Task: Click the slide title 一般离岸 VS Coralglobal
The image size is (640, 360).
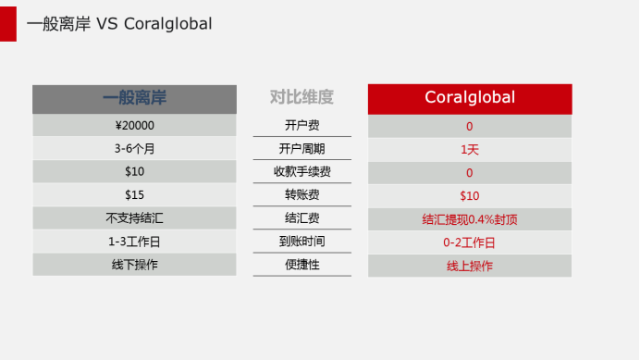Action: point(119,24)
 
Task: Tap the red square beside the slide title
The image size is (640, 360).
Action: point(8,23)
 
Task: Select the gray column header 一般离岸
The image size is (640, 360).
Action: point(134,98)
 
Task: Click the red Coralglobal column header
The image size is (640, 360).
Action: point(470,98)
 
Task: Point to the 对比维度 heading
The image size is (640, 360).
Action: point(302,97)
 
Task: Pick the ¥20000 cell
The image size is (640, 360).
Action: point(134,126)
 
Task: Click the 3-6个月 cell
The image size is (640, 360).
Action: point(134,149)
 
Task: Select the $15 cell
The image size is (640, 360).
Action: point(134,195)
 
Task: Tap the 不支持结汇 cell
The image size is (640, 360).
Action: point(134,218)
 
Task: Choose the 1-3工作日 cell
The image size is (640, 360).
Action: point(134,242)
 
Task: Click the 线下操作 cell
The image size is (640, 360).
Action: point(134,265)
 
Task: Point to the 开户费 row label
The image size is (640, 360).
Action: point(302,126)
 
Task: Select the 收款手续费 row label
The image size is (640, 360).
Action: point(302,172)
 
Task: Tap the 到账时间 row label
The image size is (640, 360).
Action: point(302,242)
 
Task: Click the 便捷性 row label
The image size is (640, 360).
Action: point(302,265)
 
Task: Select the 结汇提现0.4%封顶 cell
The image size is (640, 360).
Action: point(470,219)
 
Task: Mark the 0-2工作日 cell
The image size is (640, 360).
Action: point(470,242)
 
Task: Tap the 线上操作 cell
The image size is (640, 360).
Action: point(470,266)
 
